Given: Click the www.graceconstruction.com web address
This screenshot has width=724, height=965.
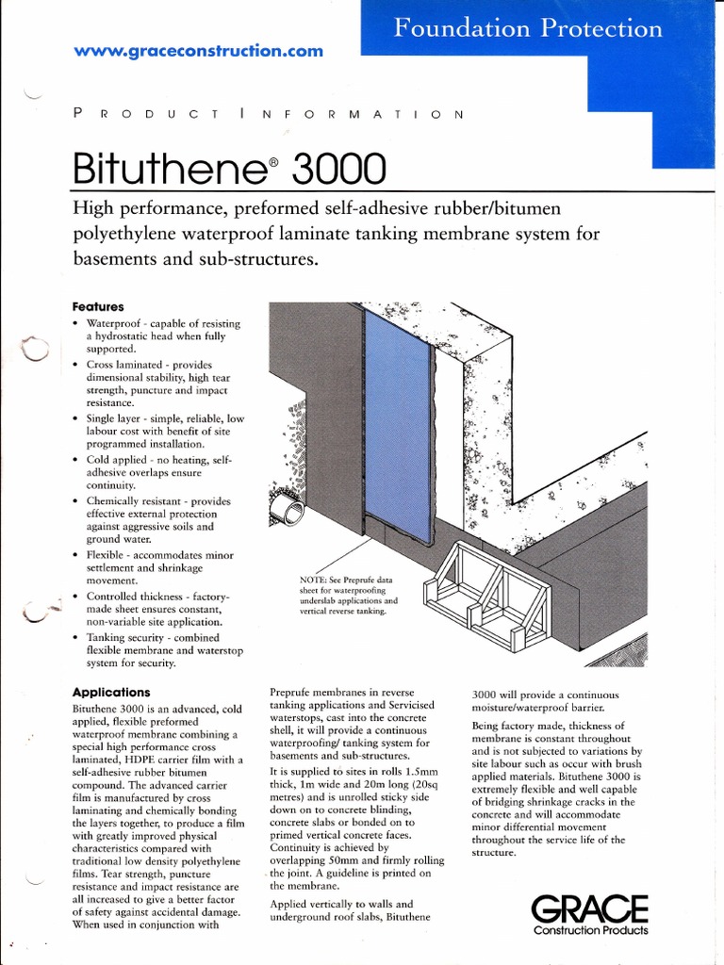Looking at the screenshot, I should point(198,51).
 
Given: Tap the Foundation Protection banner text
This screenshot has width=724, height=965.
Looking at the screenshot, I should point(527,28).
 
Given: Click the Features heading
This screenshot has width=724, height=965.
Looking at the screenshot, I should point(98,307).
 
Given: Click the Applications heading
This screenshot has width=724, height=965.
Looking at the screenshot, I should point(111,692).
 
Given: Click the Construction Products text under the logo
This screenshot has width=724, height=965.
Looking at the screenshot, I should point(590,931).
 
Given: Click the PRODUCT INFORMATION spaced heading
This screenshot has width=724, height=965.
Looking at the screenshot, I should point(268,114).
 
